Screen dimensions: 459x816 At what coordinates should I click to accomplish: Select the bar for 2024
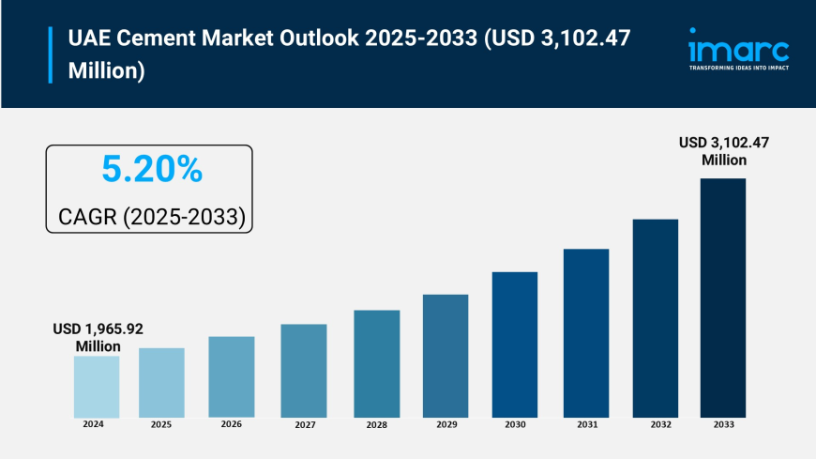click(97, 387)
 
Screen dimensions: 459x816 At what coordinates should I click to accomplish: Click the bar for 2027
click(304, 371)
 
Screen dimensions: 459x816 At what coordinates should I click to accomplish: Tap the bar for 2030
click(515, 344)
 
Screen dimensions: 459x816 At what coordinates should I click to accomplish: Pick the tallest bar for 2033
click(723, 298)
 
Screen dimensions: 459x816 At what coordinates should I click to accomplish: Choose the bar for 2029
click(446, 356)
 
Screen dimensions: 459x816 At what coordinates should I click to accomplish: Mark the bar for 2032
click(655, 318)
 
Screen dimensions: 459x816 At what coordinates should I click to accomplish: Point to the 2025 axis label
click(161, 424)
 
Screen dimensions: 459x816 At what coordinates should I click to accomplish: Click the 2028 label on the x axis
click(375, 424)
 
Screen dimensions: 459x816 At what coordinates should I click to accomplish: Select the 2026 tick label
click(231, 424)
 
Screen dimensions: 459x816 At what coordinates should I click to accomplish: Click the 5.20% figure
click(151, 170)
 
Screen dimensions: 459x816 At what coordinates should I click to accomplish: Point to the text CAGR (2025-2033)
click(152, 217)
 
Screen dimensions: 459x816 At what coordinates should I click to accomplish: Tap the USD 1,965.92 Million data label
click(98, 338)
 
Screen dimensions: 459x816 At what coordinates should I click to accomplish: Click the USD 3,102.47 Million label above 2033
click(724, 151)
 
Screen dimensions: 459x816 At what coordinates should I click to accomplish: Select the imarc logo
click(738, 47)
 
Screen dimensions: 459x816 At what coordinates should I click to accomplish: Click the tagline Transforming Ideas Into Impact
click(738, 68)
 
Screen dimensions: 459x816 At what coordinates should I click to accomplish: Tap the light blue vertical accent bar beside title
click(50, 54)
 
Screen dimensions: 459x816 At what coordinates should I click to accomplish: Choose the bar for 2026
click(232, 376)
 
